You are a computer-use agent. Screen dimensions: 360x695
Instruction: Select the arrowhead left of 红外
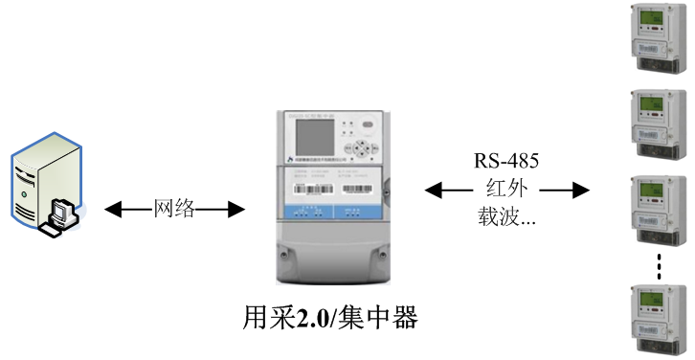pos(434,190)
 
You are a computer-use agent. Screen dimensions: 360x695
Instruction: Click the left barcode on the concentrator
pos(308,189)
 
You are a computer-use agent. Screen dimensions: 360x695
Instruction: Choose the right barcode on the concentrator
pos(360,189)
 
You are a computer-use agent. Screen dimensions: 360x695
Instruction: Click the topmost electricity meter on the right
pos(658,39)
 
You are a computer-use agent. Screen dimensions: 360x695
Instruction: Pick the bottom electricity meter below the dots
pos(658,320)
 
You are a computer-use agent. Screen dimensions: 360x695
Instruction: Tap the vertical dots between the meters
pos(660,266)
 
